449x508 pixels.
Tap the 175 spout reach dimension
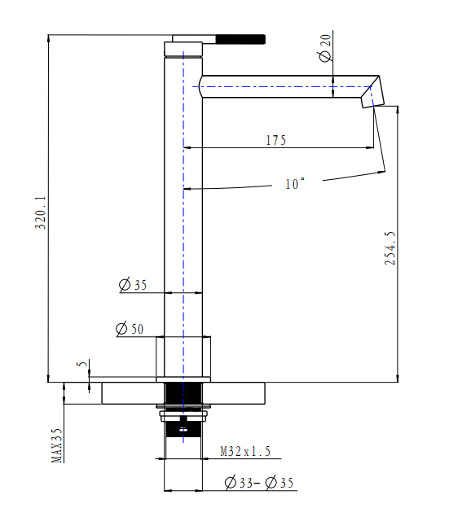click(275, 140)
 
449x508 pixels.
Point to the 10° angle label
click(295, 184)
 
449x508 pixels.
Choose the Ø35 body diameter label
click(133, 285)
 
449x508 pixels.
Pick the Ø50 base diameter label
click(130, 329)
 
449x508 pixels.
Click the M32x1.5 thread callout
click(245, 450)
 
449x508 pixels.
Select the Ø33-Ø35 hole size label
click(260, 484)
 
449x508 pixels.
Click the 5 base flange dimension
click(81, 367)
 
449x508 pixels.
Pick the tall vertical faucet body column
click(183, 204)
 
